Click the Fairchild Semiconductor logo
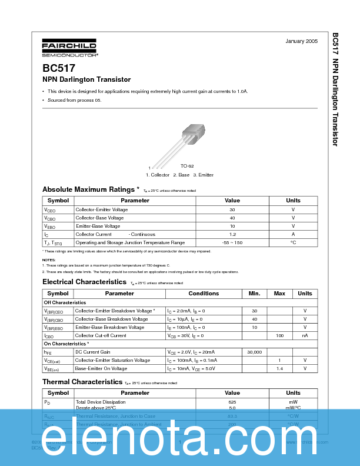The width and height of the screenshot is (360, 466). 69,48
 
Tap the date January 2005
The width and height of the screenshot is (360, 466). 301,41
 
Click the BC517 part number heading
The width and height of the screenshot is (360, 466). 58,68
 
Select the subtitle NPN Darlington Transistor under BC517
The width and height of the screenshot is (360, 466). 86,79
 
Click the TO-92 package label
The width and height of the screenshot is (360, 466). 187,167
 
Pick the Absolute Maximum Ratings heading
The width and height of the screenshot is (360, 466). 91,189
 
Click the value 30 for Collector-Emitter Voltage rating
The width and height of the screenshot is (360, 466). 232,209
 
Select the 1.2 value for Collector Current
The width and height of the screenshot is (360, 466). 232,234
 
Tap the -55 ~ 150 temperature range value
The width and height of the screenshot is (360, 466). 232,242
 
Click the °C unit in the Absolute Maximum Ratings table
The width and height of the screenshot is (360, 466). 293,242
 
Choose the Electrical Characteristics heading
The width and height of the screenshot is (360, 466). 85,282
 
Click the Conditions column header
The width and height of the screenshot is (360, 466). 204,293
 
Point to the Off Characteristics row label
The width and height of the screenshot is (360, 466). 65,302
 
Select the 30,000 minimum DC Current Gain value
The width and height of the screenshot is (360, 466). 254,352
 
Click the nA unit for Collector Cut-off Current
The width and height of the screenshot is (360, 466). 305,335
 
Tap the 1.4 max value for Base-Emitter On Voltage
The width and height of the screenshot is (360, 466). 279,368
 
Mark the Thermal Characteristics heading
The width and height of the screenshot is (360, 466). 82,381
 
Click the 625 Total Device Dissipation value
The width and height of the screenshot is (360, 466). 232,401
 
